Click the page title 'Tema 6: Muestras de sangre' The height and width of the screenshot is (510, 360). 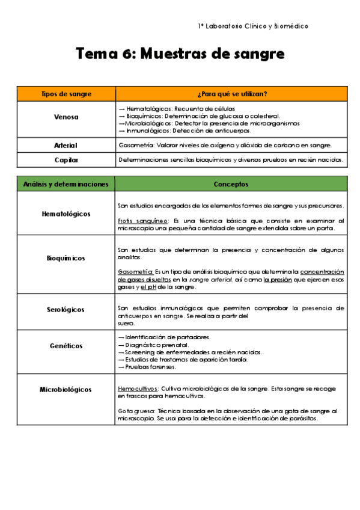pyautogui.click(x=180, y=54)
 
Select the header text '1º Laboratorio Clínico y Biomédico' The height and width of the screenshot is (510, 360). pyautogui.click(x=253, y=26)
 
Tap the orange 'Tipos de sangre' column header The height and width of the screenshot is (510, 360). pyautogui.click(x=66, y=94)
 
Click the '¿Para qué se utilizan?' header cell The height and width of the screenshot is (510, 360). pyautogui.click(x=231, y=94)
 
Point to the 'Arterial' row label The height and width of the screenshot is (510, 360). pyautogui.click(x=66, y=146)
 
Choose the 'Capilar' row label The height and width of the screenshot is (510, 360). pyautogui.click(x=66, y=160)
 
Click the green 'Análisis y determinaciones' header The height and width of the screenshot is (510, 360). pyautogui.click(x=66, y=183)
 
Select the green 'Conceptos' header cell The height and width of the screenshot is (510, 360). pyautogui.click(x=231, y=183)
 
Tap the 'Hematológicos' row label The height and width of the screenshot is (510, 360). pyautogui.click(x=66, y=214)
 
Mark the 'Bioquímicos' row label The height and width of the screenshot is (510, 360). pyautogui.click(x=66, y=258)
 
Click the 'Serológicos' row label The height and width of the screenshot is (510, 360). pyautogui.click(x=66, y=310)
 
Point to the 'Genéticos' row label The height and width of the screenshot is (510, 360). pyautogui.click(x=66, y=346)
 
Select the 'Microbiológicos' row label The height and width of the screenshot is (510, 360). pyautogui.click(x=66, y=390)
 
